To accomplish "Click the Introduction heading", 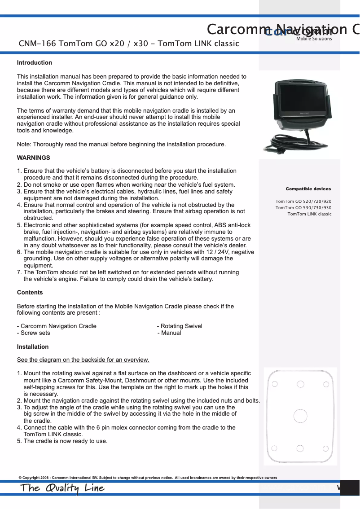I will pos(35,63).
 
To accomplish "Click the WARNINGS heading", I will pos(33,158).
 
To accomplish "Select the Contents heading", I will pos(30,293).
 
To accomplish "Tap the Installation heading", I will pos(33,347).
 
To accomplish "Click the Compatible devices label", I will pos(308,189).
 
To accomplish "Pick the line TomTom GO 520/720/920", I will pos(303,202).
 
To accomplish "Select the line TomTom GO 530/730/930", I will pos(303,208).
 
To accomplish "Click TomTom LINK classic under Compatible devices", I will pos(309,214).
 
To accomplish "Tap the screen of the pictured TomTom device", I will pos(301,98).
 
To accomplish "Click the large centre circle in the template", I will pos(300,416).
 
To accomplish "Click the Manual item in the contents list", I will pos(171,333).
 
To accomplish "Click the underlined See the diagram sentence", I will pos(83,360).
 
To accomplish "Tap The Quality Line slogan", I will pos(62,488).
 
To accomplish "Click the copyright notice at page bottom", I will pos(148,478).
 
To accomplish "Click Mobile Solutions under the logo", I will pos(314,39).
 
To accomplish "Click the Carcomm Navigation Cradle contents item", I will pos(58,326).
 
